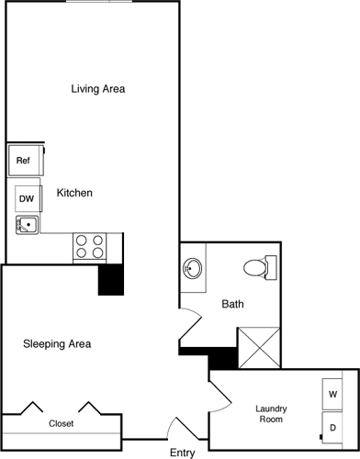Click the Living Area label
click(x=97, y=89)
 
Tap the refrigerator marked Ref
click(x=23, y=161)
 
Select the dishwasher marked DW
click(x=27, y=198)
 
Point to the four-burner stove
click(x=89, y=245)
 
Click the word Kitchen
click(x=74, y=193)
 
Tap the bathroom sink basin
click(x=193, y=269)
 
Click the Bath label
click(x=232, y=305)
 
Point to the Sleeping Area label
click(x=57, y=344)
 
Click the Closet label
click(x=61, y=424)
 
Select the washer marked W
click(x=332, y=394)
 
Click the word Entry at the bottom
click(x=183, y=453)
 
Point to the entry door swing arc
click(x=179, y=428)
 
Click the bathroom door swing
click(x=190, y=324)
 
